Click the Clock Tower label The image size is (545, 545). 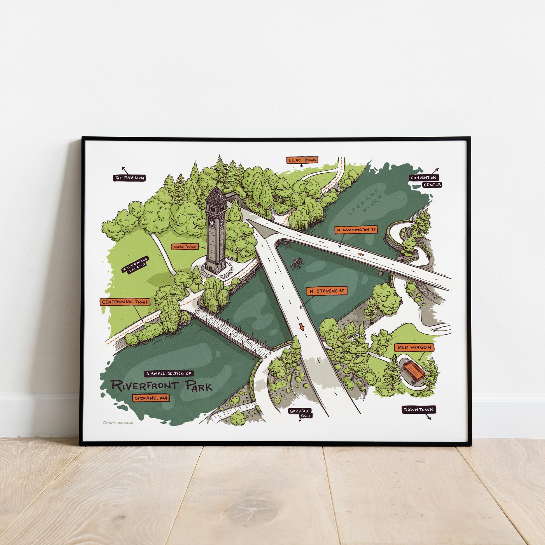pos(185,246)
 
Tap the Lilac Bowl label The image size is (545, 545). pos(302,160)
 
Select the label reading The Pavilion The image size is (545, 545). pos(129,178)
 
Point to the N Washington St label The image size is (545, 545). pos(356,230)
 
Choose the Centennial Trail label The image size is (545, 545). pos(125,302)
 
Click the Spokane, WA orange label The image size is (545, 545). pos(151,398)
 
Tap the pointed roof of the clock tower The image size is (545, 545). pos(216,193)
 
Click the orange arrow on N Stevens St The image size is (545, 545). pos(302,327)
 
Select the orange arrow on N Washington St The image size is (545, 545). pos(360,255)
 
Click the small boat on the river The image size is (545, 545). pos(296,264)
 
